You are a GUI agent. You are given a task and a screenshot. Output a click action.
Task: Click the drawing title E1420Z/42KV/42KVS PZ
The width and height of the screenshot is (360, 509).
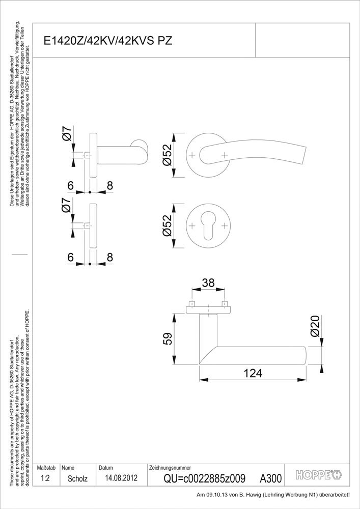[x=108, y=41]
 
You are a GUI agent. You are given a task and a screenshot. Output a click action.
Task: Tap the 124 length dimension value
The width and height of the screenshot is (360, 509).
[x=253, y=373]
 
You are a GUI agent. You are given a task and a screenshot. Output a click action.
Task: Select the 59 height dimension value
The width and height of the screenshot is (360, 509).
[x=167, y=338]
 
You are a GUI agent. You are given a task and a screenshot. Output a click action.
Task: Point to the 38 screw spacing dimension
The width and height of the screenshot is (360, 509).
[x=208, y=282]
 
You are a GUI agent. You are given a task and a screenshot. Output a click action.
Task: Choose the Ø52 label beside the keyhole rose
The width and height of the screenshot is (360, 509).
[x=167, y=225]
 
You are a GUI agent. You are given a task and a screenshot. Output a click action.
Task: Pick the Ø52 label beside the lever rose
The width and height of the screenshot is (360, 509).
[x=167, y=155]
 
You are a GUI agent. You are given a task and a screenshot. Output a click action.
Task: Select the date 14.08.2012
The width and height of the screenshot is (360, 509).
[x=121, y=478]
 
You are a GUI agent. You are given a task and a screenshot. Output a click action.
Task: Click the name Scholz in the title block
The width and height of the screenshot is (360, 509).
[x=77, y=478]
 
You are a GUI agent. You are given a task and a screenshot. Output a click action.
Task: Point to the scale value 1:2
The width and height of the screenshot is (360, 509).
[x=45, y=478]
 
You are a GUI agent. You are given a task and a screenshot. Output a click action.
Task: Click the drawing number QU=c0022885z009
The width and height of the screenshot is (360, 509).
[x=204, y=478]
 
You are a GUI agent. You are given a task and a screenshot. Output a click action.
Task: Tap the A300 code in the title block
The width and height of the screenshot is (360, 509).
[x=271, y=478]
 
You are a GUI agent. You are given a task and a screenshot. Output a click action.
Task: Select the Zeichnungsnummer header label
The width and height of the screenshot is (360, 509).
[x=170, y=468]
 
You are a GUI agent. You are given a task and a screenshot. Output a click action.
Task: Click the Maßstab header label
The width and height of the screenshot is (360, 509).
[x=46, y=468]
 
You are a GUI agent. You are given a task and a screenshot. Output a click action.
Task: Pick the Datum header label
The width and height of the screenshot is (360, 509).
[x=106, y=468]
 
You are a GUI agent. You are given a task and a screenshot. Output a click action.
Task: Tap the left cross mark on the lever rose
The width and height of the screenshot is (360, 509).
[x=192, y=155]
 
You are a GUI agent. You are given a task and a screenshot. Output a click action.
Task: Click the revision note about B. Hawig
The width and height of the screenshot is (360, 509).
[x=273, y=495]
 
